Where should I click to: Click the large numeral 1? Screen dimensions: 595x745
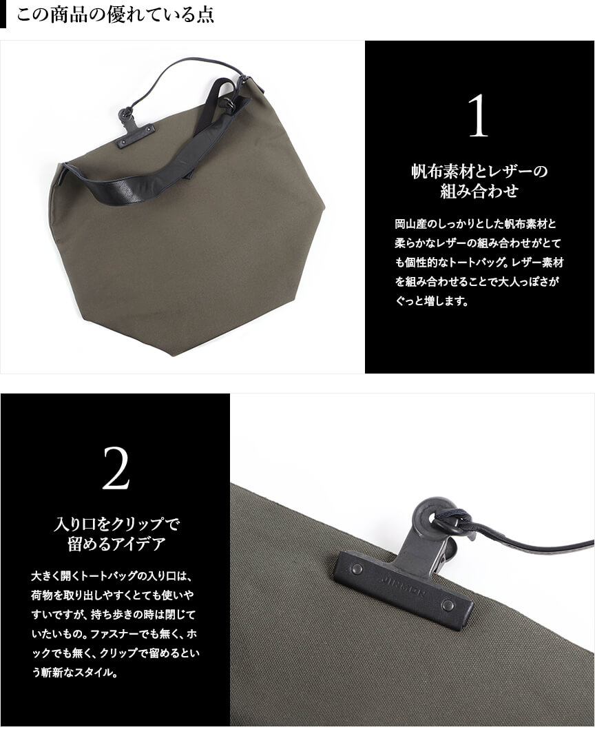[478, 116]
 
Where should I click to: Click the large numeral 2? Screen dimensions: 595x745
[116, 469]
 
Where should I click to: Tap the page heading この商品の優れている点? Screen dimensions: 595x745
[115, 14]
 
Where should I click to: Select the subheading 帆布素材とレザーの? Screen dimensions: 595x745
[479, 171]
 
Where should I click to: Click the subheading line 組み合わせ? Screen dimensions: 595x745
[479, 191]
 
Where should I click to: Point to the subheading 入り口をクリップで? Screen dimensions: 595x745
[116, 524]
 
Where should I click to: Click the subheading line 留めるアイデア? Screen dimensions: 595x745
[116, 544]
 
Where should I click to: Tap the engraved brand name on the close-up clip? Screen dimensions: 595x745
[403, 586]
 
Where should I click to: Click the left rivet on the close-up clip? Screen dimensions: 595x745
[357, 569]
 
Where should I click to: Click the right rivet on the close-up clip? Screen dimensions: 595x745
[448, 604]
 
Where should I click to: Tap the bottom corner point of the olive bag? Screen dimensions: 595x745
[174, 356]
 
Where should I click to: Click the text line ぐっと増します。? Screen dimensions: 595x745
[432, 300]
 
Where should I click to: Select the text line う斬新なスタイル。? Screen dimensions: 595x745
[74, 673]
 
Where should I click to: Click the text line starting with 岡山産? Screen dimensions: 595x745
[475, 224]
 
